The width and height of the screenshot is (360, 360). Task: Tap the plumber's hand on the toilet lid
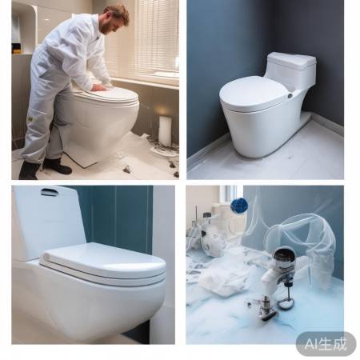tap(98, 87)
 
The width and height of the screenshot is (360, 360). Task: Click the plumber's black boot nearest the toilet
tap(57, 166)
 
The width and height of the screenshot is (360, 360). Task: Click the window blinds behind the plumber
tap(156, 38)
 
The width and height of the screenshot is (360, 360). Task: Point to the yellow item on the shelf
tap(17, 50)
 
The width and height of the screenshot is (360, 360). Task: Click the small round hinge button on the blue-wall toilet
tap(290, 95)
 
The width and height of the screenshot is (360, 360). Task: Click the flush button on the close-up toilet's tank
tap(49, 191)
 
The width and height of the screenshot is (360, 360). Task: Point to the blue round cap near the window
tap(239, 206)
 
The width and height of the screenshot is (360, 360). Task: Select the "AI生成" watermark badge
tap(326, 344)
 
